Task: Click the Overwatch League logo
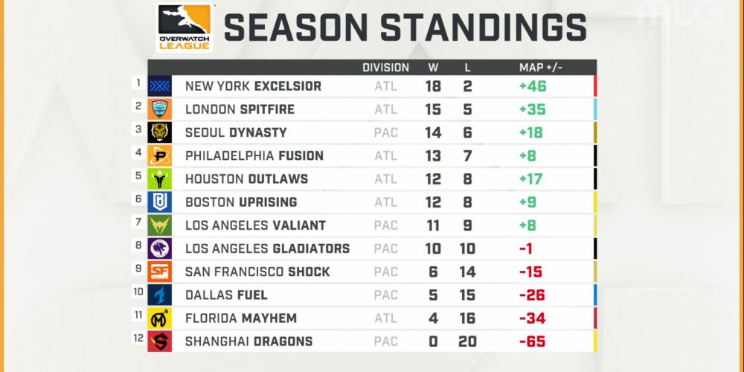tap(184, 27)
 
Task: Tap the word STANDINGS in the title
tap(484, 28)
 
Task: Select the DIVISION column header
tap(385, 68)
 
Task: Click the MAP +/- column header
tap(541, 68)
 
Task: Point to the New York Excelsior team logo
tap(159, 86)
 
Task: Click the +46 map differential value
tap(533, 86)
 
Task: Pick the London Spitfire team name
tap(240, 109)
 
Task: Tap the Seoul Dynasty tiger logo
tap(159, 132)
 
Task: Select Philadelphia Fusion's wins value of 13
tap(433, 155)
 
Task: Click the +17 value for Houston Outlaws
tap(531, 179)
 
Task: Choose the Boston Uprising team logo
tap(159, 202)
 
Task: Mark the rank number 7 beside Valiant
tap(138, 221)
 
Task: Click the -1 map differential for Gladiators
tap(526, 248)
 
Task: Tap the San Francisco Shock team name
tap(257, 272)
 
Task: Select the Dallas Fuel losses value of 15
tap(467, 295)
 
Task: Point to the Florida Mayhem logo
tap(159, 318)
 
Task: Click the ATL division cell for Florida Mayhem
tap(385, 318)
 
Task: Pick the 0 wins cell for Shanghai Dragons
tap(433, 341)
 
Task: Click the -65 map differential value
tap(533, 341)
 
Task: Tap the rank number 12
tap(138, 337)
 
